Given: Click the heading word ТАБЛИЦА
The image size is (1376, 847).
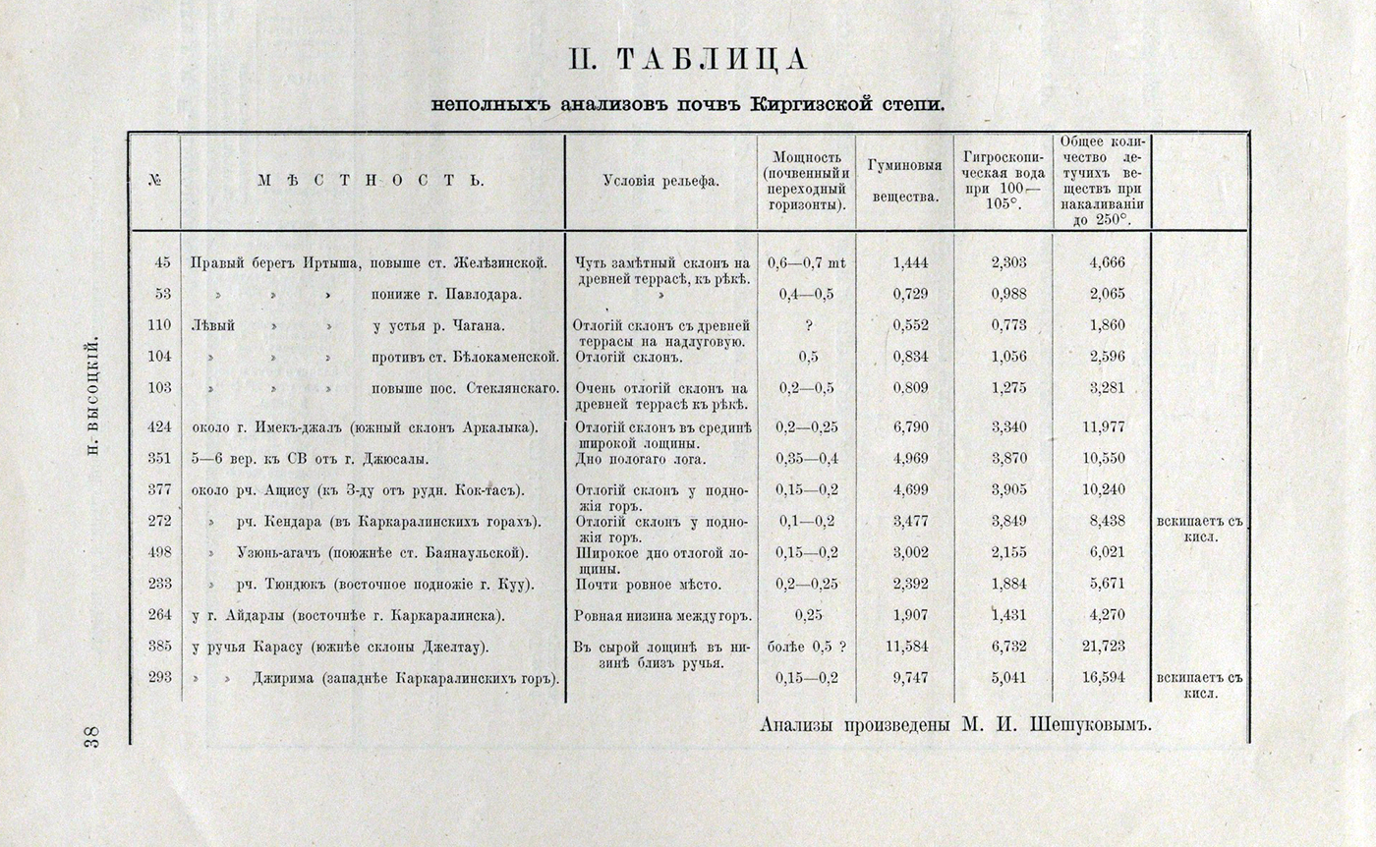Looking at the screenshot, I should pyautogui.click(x=715, y=61).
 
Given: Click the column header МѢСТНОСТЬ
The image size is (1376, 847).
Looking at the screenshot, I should pyautogui.click(x=372, y=181).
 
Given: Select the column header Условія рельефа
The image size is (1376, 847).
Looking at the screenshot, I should pyautogui.click(x=660, y=181).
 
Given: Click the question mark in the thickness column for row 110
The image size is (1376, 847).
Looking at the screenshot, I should pyautogui.click(x=806, y=325).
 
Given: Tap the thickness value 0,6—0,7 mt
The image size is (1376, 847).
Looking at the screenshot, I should pyautogui.click(x=806, y=262).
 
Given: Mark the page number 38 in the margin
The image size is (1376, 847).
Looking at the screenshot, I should pyautogui.click(x=89, y=737).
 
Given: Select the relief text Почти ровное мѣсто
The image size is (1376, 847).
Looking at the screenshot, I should pyautogui.click(x=648, y=585).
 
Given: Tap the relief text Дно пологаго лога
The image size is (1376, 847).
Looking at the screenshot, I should pyautogui.click(x=640, y=459).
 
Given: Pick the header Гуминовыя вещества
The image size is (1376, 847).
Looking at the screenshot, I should pyautogui.click(x=904, y=181).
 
